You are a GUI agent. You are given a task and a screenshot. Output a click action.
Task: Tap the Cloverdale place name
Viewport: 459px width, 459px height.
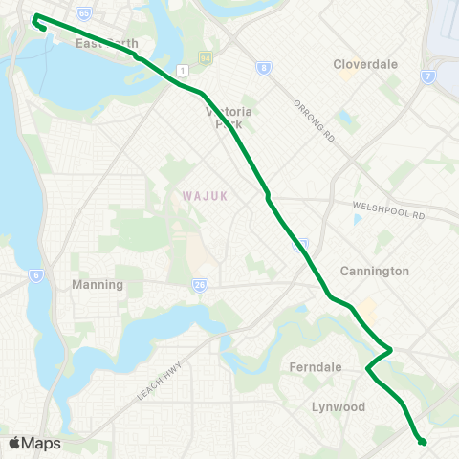[364, 64]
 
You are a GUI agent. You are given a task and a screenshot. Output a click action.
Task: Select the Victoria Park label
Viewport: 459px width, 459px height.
[231, 117]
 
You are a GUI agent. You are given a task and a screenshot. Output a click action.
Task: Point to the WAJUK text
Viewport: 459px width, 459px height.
[201, 195]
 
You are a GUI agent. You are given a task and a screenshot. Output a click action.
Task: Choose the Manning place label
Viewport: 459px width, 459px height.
[98, 285]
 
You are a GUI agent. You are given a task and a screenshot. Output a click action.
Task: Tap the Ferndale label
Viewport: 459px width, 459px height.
[315, 366]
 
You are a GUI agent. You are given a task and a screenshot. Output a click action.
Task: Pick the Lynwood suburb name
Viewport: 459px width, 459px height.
[339, 406]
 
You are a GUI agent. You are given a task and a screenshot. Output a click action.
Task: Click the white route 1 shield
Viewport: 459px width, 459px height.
[180, 70]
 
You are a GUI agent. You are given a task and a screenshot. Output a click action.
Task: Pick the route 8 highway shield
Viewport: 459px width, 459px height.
[262, 67]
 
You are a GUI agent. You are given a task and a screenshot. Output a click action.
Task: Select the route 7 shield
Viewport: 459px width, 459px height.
[426, 76]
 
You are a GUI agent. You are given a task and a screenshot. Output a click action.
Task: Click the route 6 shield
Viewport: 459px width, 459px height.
[36, 275]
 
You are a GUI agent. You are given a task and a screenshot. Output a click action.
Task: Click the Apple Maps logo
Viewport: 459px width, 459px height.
[34, 444]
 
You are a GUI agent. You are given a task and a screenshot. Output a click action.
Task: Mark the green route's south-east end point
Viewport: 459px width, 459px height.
[422, 441]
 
